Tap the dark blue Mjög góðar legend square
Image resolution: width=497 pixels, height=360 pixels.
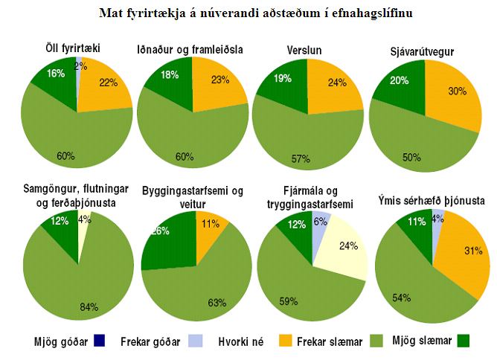click(x=99, y=341)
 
